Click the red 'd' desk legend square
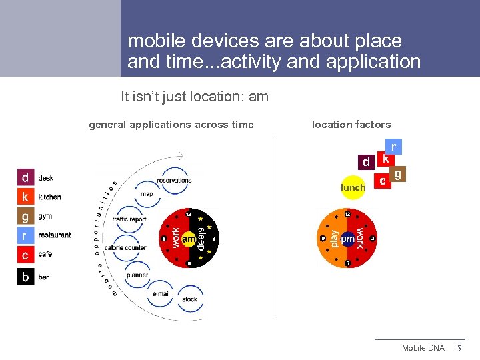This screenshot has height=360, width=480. pos(25,178)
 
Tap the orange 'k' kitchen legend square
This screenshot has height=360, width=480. pos(25,197)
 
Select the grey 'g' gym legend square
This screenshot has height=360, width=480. pos(25,217)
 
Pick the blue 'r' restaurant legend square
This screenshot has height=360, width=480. pos(25,235)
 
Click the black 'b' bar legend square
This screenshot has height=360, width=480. pos(25,277)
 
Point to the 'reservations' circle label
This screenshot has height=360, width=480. pos(174,181)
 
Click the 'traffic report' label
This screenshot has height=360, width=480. pos(129,219)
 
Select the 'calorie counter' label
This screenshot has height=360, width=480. pos(125,248)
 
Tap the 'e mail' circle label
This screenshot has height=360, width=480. pos(161,294)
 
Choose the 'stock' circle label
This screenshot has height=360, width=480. pos(190,299)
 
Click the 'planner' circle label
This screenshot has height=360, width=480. pos(137,275)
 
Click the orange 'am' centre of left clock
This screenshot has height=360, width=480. pos(189,239)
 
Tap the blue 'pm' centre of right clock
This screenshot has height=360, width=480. pos(347,239)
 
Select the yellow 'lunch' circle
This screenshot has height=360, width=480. pos(353,187)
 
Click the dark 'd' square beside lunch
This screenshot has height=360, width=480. pos(365,162)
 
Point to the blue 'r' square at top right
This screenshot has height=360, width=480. pos(393,147)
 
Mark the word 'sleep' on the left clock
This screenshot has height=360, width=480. pos(201,239)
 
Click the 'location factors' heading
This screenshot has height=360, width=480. pos(351,125)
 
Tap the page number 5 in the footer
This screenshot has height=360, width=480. pos(458,349)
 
